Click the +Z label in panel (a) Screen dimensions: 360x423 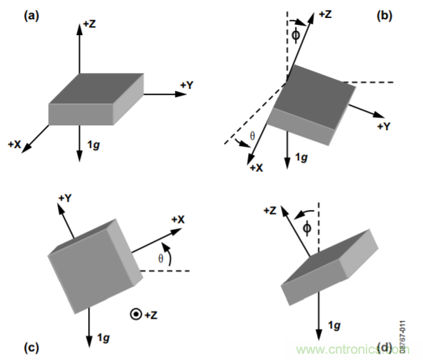90,23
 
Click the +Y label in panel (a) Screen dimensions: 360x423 187,85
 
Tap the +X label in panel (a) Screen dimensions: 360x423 16,144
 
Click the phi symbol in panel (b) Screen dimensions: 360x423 296,34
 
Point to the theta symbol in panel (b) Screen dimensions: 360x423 251,136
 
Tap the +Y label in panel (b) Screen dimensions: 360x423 384,126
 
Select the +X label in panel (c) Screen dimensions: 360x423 180,219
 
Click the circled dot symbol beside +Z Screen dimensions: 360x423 135,315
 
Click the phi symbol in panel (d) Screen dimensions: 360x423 307,226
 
